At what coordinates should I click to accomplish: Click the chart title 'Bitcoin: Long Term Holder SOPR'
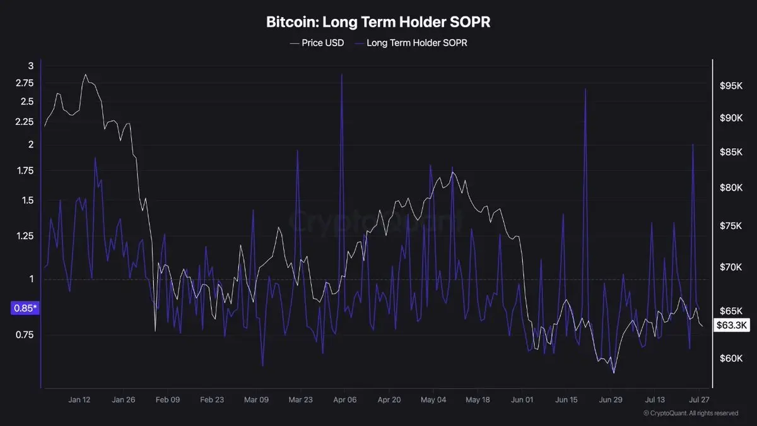[x=378, y=22]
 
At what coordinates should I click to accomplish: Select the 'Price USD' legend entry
[x=317, y=43]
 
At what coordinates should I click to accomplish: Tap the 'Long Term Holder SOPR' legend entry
[x=411, y=43]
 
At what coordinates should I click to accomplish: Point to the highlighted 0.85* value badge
[x=25, y=308]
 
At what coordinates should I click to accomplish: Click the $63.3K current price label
[x=732, y=325]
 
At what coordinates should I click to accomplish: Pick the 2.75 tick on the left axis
[x=25, y=83]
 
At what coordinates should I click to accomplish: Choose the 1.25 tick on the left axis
[x=25, y=235]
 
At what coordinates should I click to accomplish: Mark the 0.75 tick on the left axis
[x=25, y=334]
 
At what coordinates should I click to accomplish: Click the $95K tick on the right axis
[x=731, y=86]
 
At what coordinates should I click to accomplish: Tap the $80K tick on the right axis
[x=731, y=187]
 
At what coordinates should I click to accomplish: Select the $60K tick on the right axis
[x=731, y=358]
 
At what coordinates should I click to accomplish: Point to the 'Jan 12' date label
[x=79, y=399]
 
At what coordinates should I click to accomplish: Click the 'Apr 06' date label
[x=344, y=399]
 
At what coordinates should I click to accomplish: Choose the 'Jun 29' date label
[x=611, y=399]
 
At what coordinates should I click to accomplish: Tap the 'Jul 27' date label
[x=699, y=399]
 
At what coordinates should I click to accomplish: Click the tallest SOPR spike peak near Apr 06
[x=342, y=74]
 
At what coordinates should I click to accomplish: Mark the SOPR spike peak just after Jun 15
[x=585, y=89]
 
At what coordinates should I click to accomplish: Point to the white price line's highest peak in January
[x=86, y=74]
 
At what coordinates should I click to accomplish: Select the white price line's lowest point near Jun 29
[x=614, y=373]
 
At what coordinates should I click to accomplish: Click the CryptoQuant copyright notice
[x=691, y=413]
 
